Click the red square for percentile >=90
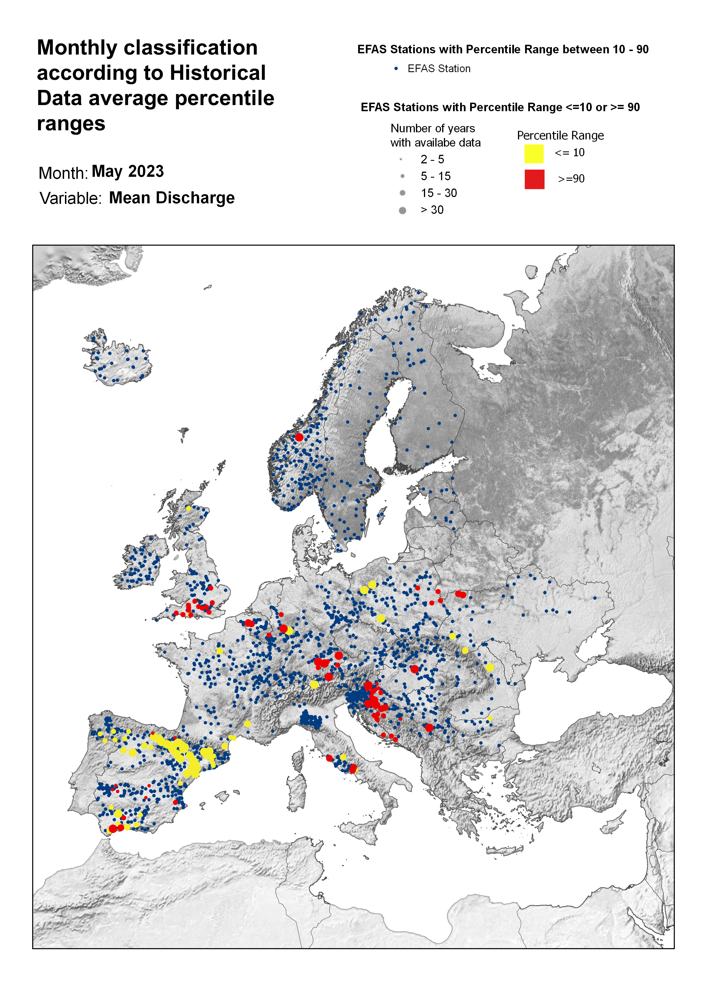534,179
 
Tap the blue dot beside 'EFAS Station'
396,69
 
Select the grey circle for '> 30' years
403,210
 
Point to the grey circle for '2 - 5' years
401,159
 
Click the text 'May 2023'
128,171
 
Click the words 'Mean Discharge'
172,198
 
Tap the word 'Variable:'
71,198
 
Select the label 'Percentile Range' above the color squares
560,136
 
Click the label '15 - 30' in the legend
438,193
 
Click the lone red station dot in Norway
299,437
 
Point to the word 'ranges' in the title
71,124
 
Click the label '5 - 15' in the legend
435,176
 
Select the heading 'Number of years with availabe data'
435,136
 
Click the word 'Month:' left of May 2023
63,173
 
